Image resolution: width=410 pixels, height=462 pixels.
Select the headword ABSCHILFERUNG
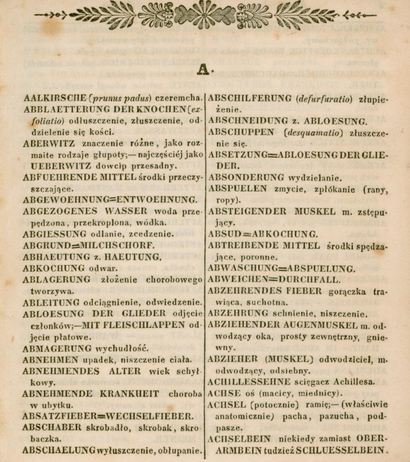click(249, 97)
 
